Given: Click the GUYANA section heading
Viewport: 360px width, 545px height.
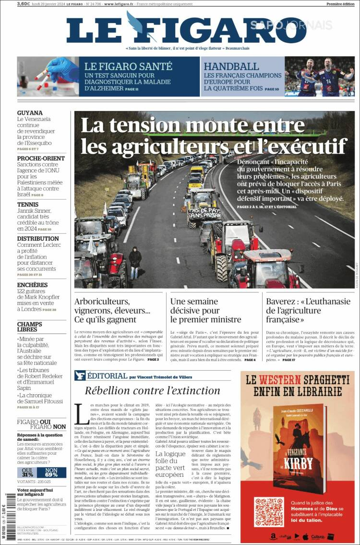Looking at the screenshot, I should [30, 113].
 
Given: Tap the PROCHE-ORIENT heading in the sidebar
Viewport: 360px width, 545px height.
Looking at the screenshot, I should [41, 158].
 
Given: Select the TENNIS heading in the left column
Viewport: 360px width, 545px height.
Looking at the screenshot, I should [28, 204].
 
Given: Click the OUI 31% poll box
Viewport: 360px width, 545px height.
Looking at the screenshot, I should [28, 472].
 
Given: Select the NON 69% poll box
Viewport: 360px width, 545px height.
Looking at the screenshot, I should [51, 472].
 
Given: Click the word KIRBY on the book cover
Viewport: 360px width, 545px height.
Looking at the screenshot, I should [298, 463].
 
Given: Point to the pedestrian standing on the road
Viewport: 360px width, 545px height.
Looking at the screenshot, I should [135, 262].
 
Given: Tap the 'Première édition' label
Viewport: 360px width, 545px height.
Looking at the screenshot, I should [340, 4].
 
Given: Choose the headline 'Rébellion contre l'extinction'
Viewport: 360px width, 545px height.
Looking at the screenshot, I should [152, 390].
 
